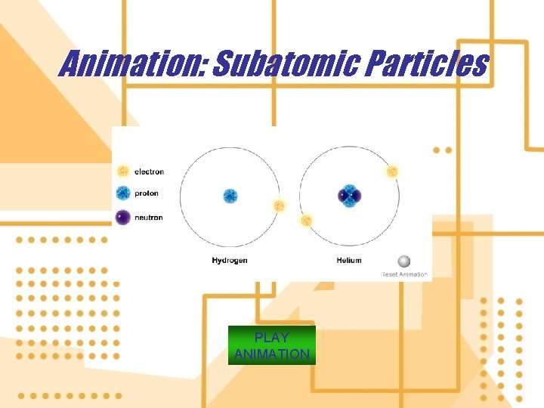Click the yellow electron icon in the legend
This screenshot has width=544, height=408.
(x=123, y=172)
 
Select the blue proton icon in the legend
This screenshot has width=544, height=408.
(x=123, y=193)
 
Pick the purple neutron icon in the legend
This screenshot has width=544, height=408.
(x=123, y=218)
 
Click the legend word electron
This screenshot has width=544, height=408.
(x=149, y=172)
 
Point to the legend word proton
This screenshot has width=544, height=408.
(x=147, y=193)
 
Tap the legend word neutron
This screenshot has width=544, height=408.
(x=149, y=218)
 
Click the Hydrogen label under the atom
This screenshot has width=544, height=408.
(x=230, y=261)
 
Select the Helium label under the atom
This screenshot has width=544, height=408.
(x=349, y=261)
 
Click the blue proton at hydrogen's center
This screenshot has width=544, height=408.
(x=230, y=196)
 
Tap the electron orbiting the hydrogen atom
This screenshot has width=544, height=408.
(x=279, y=206)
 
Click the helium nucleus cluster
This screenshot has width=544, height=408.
(x=349, y=196)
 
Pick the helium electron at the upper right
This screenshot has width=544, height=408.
(x=392, y=172)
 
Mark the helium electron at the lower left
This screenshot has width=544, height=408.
(x=306, y=221)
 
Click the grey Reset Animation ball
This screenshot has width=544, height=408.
(x=404, y=261)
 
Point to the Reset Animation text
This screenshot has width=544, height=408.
(x=404, y=274)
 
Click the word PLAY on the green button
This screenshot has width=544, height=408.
(x=271, y=338)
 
